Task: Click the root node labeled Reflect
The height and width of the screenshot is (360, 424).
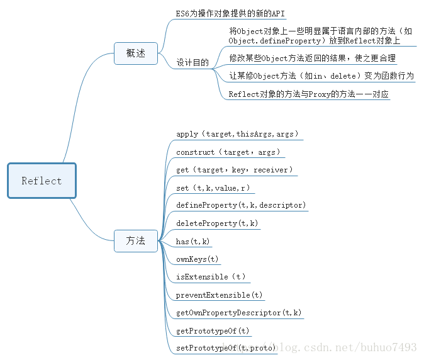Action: click(x=42, y=181)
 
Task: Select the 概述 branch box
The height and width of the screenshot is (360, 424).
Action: click(x=136, y=53)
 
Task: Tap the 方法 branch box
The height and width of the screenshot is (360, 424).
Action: click(x=136, y=240)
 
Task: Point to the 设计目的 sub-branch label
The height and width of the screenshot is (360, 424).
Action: click(x=192, y=63)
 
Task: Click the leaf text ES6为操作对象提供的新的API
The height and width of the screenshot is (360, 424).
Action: click(x=230, y=13)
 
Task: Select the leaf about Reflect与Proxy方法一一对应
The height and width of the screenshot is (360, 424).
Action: click(x=309, y=94)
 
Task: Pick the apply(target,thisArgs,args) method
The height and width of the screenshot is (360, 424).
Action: click(x=238, y=134)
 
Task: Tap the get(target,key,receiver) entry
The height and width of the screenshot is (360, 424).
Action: click(x=235, y=170)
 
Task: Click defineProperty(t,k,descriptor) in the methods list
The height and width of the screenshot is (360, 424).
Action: click(x=242, y=205)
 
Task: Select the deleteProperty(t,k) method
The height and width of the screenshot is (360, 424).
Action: click(x=217, y=223)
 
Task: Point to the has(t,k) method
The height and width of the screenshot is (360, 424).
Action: click(x=193, y=241)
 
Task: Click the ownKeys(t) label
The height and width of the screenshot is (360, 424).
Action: click(x=198, y=259)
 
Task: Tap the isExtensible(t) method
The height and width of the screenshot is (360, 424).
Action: click(x=211, y=277)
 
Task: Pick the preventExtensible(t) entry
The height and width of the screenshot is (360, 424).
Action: click(x=220, y=295)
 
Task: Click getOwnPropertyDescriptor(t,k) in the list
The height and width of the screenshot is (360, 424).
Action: click(x=239, y=312)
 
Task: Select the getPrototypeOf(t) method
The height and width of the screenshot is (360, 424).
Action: click(x=213, y=330)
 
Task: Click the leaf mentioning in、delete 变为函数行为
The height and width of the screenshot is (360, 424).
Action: click(x=321, y=76)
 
